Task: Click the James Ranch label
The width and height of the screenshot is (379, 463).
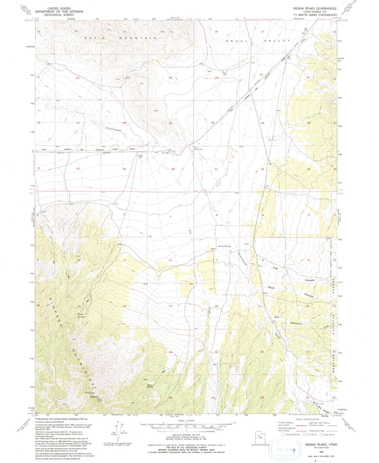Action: pos(224,246)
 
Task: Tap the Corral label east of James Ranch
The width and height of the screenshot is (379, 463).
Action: pos(246,244)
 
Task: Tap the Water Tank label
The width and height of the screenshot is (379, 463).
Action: pos(141,157)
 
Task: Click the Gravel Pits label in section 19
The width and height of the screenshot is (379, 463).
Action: pos(223,74)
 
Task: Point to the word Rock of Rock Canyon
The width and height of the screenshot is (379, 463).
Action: pos(271,288)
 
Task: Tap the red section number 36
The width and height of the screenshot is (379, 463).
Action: pos(173,169)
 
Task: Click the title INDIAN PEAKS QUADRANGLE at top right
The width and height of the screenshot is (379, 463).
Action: pos(315,8)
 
